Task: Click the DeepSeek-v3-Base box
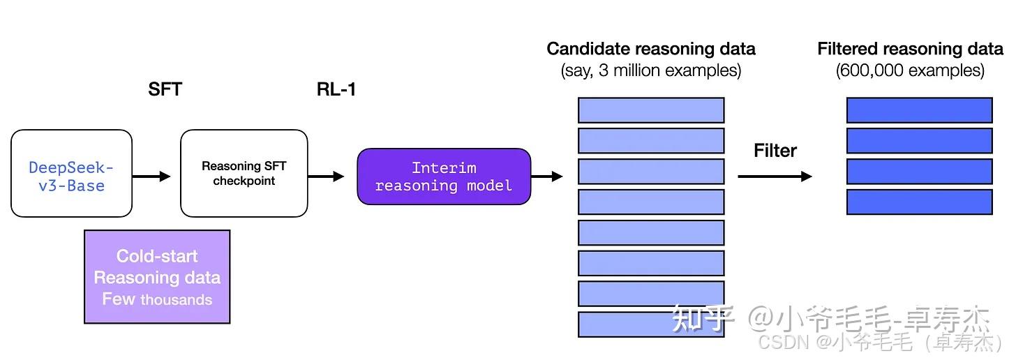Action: pyautogui.click(x=72, y=173)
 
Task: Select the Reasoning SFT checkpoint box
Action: pyautogui.click(x=244, y=173)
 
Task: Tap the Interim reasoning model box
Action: pyautogui.click(x=444, y=177)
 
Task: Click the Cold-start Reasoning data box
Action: pyautogui.click(x=157, y=276)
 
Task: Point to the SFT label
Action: pyautogui.click(x=165, y=89)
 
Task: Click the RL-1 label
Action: pyautogui.click(x=336, y=89)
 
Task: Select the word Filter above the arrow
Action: pyautogui.click(x=775, y=151)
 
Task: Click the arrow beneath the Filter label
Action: pyautogui.click(x=775, y=176)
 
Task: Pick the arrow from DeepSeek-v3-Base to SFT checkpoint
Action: pyautogui.click(x=151, y=176)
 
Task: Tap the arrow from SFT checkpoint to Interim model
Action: pyautogui.click(x=326, y=176)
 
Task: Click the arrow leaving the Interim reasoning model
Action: pyautogui.click(x=547, y=176)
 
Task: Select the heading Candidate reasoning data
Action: pyautogui.click(x=651, y=49)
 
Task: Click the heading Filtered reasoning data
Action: pyautogui.click(x=911, y=49)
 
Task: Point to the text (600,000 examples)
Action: pyautogui.click(x=911, y=70)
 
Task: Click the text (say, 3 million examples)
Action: pyautogui.click(x=651, y=70)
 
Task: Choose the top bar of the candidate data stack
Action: pyautogui.click(x=651, y=110)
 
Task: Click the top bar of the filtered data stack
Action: pyautogui.click(x=920, y=110)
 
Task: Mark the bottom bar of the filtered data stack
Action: pyautogui.click(x=920, y=202)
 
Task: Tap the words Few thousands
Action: pyautogui.click(x=157, y=299)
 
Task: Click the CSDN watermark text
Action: pyautogui.click(x=881, y=343)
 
